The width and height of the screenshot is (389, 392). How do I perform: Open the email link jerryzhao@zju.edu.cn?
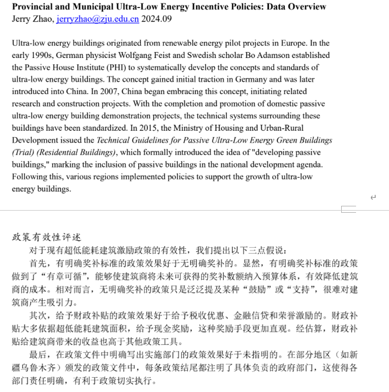(98, 19)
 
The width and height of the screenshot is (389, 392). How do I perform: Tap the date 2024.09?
(157, 19)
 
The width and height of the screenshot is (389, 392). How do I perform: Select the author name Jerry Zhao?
(32, 19)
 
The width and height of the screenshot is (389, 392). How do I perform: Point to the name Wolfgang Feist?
(173, 55)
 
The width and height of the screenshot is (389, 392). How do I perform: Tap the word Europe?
(300, 43)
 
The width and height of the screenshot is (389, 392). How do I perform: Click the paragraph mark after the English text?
(373, 197)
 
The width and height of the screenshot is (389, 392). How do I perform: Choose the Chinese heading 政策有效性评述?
(46, 237)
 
